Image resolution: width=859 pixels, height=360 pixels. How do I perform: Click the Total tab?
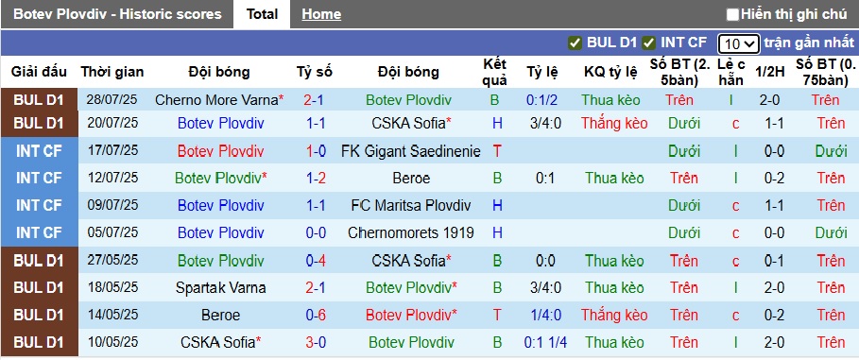pos(262,14)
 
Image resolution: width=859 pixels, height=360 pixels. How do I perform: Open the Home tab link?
pos(321,14)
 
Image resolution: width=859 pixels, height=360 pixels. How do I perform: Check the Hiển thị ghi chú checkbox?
pos(732,14)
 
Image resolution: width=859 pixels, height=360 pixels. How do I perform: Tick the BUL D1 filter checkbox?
pos(575,43)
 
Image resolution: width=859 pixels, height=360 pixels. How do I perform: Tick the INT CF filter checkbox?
pos(649,43)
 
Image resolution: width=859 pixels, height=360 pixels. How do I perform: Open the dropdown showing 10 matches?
pos(737,43)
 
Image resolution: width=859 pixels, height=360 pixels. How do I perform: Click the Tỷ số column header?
pos(315,72)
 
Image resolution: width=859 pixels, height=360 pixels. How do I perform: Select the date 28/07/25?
pos(112,99)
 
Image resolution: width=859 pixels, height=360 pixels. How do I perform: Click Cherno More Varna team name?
pos(216,99)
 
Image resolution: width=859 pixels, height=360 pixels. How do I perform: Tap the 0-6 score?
pos(315,315)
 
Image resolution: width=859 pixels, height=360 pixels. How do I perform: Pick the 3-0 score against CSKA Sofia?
pos(315,342)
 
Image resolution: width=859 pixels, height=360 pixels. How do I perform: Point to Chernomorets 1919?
pos(409,232)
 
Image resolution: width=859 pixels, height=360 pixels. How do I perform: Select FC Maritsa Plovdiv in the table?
pos(409,205)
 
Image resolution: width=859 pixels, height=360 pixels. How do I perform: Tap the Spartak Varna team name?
pos(221,287)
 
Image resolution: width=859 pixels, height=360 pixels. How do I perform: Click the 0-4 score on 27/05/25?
pos(315,260)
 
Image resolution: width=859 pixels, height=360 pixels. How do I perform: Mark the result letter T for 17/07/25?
pos(496,151)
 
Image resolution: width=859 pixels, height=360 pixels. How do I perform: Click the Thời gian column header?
pos(112,72)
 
